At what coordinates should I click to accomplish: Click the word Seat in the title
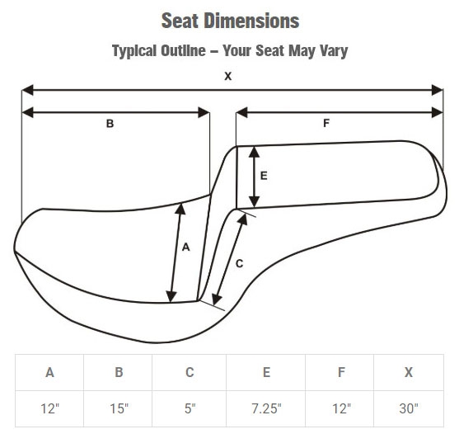coord(180,21)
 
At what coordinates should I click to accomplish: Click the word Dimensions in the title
coord(251,21)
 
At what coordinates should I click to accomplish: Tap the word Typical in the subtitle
coord(134,51)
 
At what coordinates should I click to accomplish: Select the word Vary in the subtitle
coord(334,51)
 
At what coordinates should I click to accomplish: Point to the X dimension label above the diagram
coord(227,76)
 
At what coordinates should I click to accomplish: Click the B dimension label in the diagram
coord(110,124)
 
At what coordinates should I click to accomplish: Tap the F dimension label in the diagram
coord(326,123)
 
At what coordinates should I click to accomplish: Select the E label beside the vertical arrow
coord(264,176)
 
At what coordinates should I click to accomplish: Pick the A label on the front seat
coord(186,248)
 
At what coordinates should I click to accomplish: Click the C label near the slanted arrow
coord(240,264)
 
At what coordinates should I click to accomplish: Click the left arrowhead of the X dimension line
coord(27,90)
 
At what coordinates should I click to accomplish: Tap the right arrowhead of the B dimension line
coord(204,112)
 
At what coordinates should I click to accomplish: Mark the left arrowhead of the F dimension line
coord(241,112)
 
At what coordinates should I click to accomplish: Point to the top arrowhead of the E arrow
coord(254,152)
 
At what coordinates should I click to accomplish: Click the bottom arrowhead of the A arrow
coord(171,296)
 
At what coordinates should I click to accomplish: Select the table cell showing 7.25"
coord(266,408)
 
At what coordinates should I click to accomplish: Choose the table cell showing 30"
coord(409,408)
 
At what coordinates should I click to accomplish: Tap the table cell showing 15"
coord(118,408)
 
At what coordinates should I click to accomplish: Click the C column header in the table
coord(190,372)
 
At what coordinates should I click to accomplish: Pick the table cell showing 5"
coord(190,408)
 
